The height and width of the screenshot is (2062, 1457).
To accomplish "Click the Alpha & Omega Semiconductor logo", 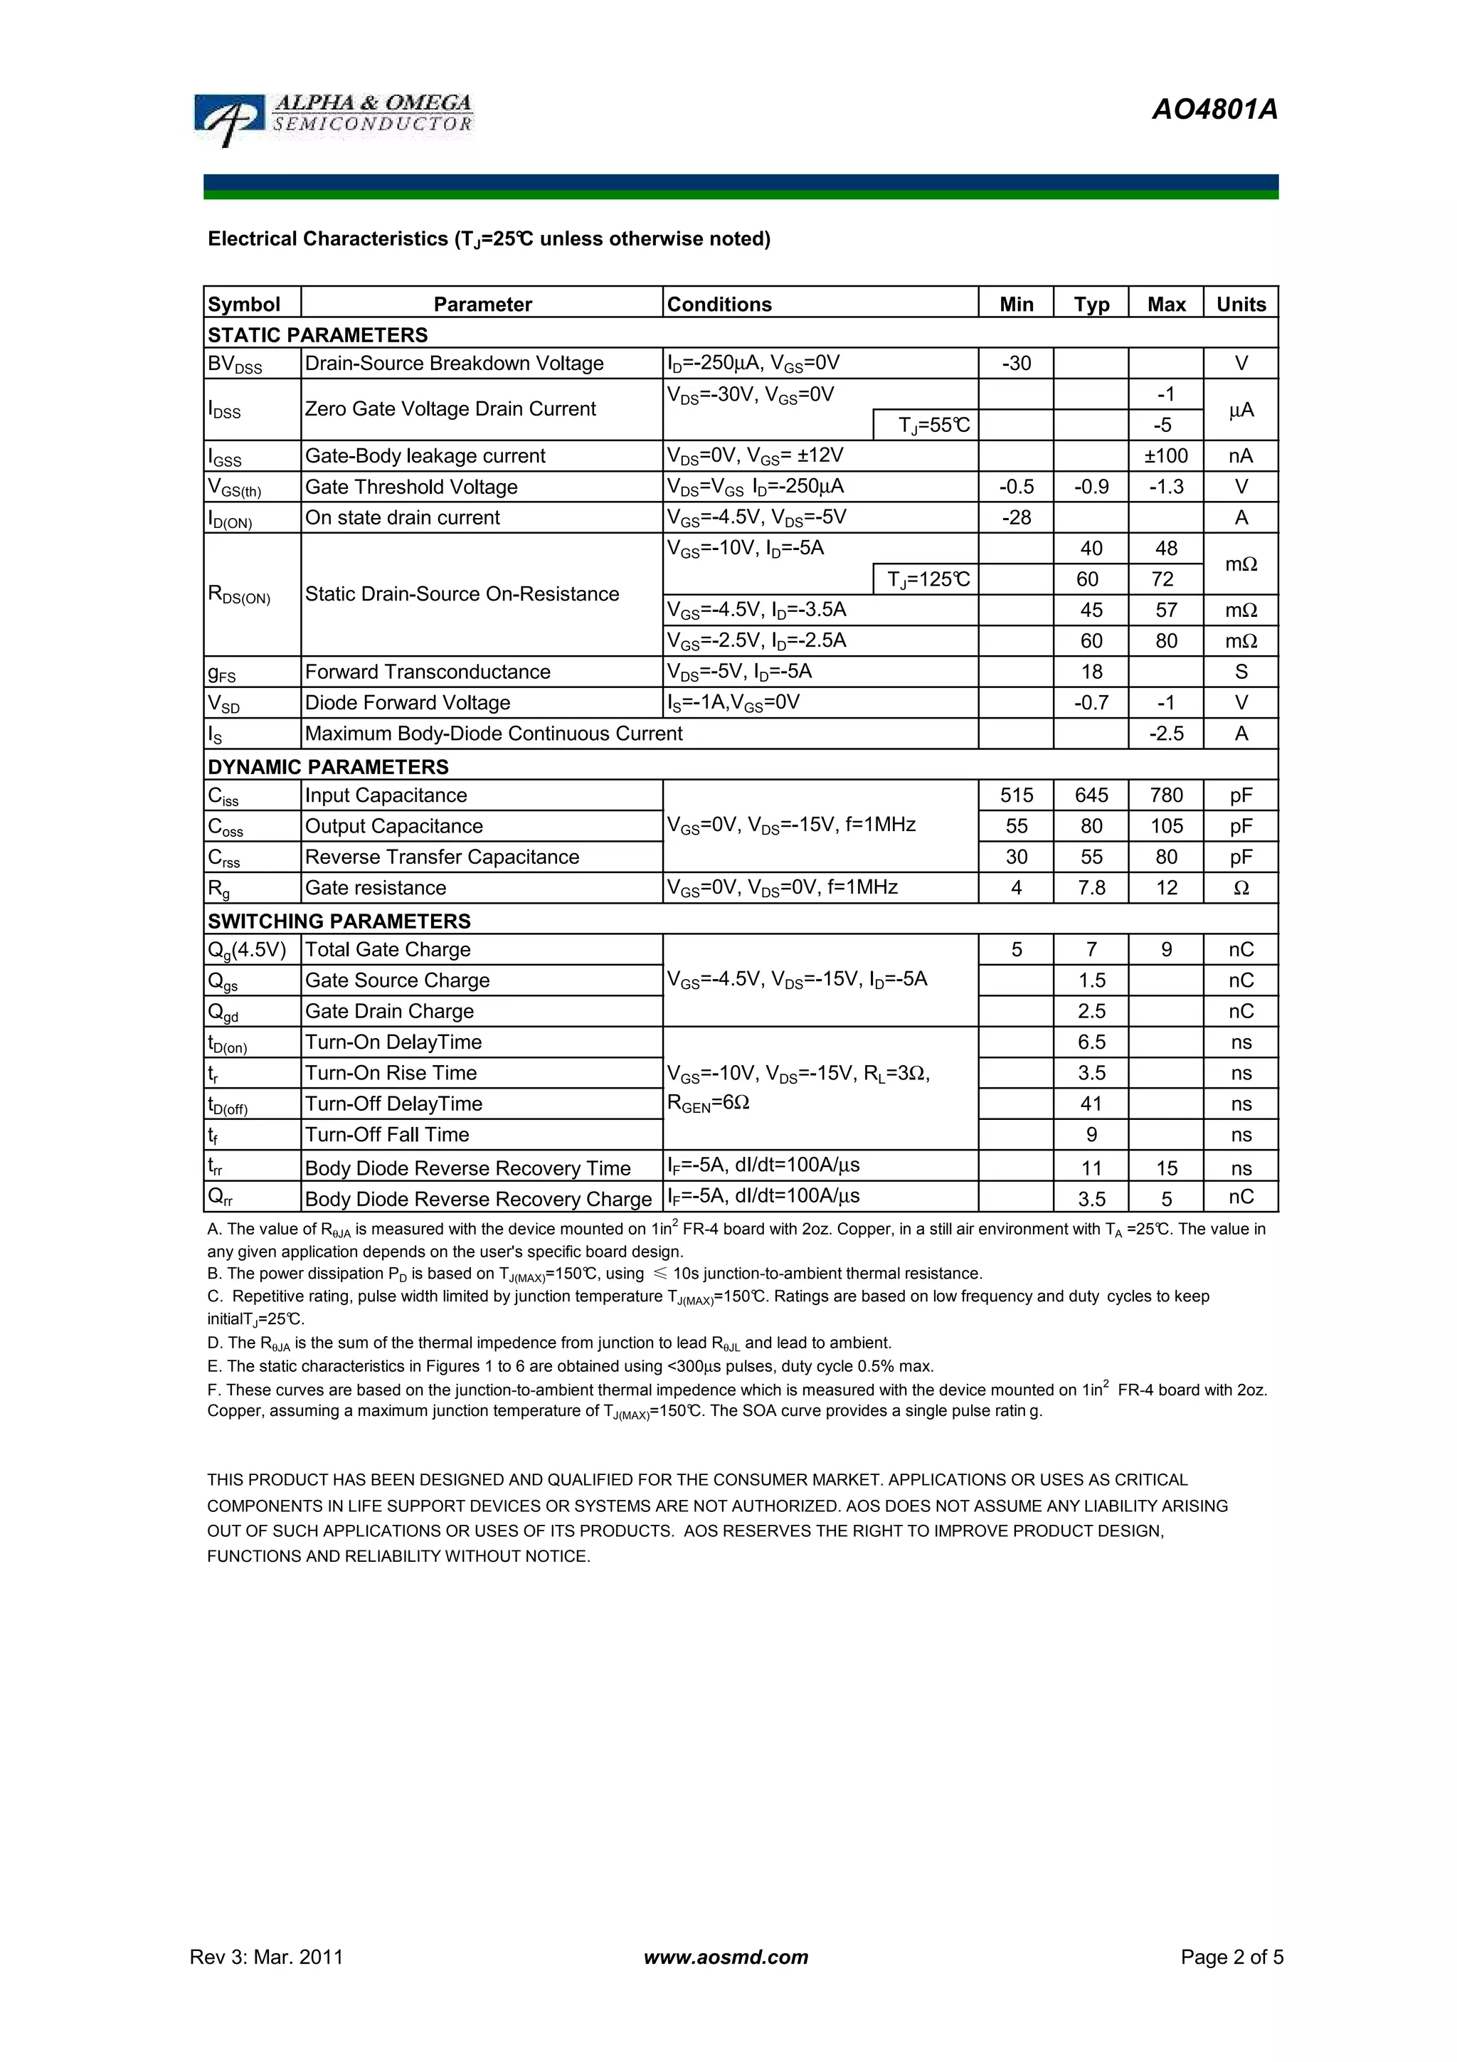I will pos(333,119).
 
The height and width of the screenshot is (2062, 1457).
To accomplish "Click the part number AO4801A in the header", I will pos(1214,110).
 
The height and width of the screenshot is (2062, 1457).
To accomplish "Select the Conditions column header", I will pos(719,304).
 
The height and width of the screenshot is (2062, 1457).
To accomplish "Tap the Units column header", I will pos(1241,304).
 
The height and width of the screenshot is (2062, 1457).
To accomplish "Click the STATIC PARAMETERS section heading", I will pos(318,335).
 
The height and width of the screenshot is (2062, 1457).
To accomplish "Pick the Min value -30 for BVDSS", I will pos(1015,364).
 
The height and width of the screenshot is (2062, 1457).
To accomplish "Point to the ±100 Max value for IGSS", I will pos(1165,456).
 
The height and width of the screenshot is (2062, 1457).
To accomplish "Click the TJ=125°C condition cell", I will pos(928,579).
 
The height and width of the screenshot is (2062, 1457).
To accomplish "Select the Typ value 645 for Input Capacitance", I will pos(1091,795).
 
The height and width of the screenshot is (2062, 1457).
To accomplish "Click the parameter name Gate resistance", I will pos(375,888).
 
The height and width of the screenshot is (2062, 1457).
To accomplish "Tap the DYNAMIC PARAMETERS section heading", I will pos(328,767).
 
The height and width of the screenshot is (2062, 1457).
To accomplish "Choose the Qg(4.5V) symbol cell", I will pos(247,950).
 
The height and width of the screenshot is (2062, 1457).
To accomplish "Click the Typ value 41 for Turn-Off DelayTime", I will pos(1091,1104).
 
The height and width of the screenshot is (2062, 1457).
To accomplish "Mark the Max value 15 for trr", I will pos(1165,1168).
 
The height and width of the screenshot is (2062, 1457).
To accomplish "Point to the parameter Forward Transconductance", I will pos(428,672).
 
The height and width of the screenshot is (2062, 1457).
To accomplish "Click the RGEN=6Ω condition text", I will pos(709,1104).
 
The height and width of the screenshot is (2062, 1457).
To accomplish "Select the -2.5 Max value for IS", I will pos(1165,734).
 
